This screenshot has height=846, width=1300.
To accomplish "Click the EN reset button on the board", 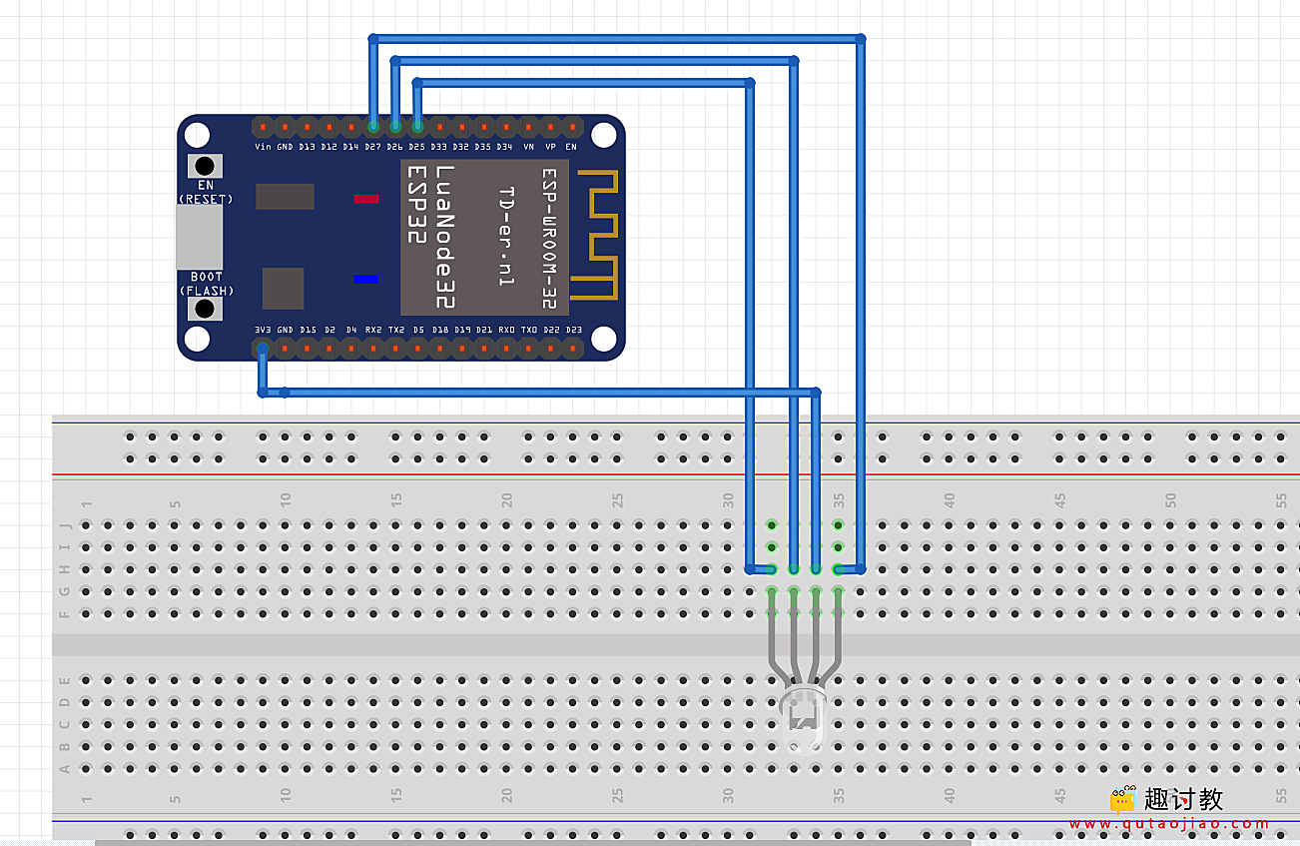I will click(205, 166).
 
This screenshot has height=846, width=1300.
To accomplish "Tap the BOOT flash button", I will click(205, 308).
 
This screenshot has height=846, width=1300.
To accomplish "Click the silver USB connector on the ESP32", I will click(199, 238).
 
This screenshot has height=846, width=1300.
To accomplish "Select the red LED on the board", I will click(366, 199).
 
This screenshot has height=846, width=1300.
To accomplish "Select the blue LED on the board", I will click(366, 279).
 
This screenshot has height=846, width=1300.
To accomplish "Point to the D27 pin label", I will click(372, 147).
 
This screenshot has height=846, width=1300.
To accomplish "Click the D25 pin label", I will click(416, 147).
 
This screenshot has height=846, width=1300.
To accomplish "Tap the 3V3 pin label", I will click(262, 330).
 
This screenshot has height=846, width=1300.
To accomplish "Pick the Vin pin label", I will click(263, 147).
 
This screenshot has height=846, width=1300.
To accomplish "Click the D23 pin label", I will click(573, 330).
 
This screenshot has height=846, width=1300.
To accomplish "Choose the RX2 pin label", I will click(372, 330).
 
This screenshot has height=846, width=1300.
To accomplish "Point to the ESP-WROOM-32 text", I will click(548, 238).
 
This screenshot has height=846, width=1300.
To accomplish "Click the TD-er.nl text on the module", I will click(506, 238).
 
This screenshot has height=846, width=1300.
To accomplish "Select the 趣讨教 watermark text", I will click(1183, 799).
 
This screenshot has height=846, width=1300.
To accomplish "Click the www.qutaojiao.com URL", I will click(1168, 824).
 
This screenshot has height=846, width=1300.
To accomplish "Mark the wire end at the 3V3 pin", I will click(262, 350).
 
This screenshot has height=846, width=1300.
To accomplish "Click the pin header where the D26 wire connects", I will click(395, 126).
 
